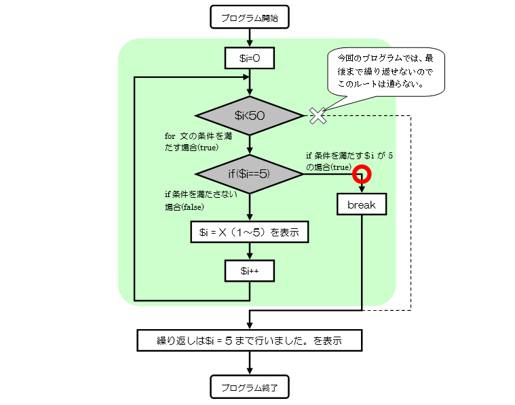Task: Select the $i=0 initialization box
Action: pos(250,59)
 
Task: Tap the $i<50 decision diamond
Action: pos(250,116)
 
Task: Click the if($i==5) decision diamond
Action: pos(250,174)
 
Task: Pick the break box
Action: pos(362,204)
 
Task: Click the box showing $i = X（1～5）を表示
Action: pos(250,232)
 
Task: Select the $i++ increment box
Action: pos(250,271)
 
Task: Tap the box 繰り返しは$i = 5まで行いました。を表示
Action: pos(250,340)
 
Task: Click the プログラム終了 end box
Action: pos(250,387)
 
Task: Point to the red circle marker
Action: pos(362,175)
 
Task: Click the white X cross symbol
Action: pos(318,116)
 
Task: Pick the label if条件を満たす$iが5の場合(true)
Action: pos(349,161)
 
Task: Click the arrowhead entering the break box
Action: pos(362,190)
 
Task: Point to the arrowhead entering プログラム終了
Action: pos(250,371)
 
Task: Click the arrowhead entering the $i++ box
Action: pos(250,257)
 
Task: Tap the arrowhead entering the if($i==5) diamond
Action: pos(250,151)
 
